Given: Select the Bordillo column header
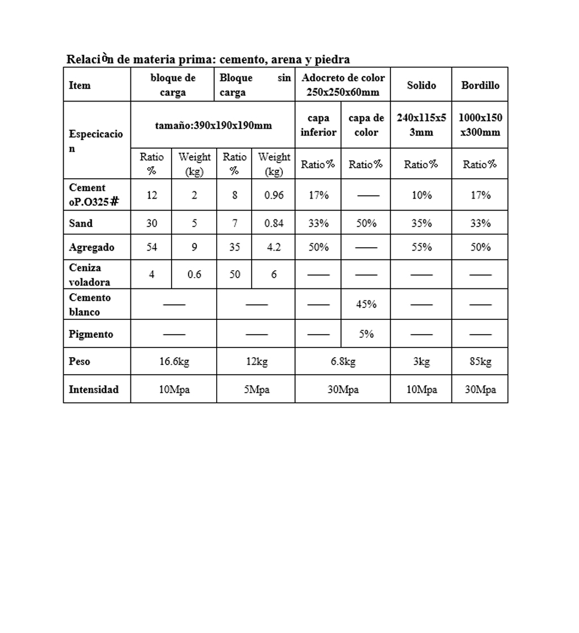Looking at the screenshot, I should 480,85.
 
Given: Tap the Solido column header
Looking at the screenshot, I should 422,85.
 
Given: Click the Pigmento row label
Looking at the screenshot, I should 91,334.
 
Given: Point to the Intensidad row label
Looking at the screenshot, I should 94,389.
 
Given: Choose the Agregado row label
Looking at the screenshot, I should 91,247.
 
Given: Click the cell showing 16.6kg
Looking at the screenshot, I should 174,362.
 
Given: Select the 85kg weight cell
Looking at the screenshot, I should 480,362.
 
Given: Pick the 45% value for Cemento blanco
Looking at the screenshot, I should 366,305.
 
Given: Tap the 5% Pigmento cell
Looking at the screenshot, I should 366,334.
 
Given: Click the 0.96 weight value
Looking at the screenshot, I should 274,195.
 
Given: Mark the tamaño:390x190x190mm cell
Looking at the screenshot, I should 213,125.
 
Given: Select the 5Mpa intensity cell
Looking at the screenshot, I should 256,389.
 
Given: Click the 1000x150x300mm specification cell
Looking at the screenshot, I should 480,125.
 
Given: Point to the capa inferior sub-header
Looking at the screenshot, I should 318,125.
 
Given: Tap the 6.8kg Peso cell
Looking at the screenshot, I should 343,362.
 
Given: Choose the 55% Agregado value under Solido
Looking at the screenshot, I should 422,247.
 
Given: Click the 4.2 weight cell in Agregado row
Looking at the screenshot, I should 274,247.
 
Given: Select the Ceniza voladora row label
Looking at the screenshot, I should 90,275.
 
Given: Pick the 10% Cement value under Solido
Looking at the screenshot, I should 422,195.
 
